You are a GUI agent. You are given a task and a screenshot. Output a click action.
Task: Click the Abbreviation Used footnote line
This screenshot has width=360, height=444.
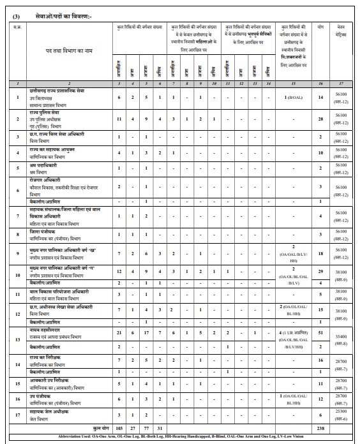click(180, 438)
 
